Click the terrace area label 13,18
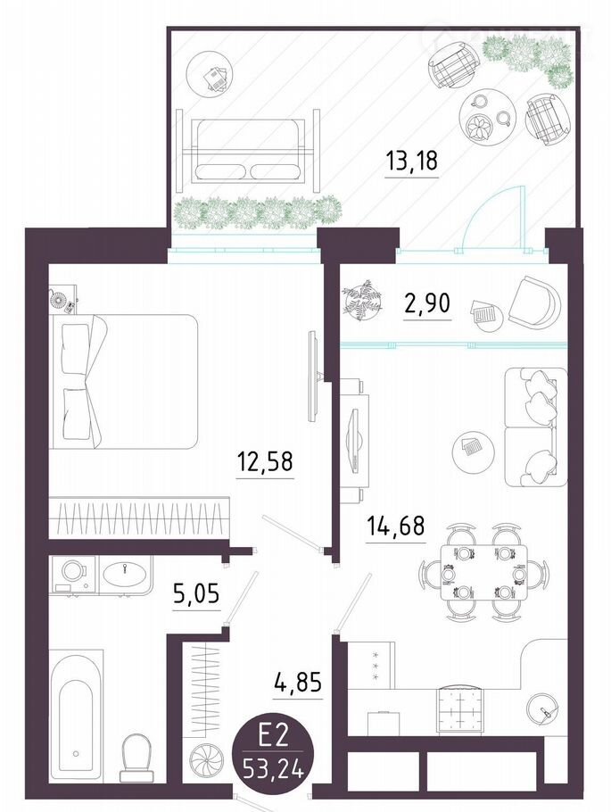(412, 160)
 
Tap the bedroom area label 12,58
(265, 460)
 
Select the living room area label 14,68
(395, 526)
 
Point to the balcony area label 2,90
(426, 304)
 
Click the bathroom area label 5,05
(196, 593)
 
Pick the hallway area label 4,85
(297, 683)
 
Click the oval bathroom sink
(125, 573)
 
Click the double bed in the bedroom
(124, 382)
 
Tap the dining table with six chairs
(483, 573)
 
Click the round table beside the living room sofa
(471, 450)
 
